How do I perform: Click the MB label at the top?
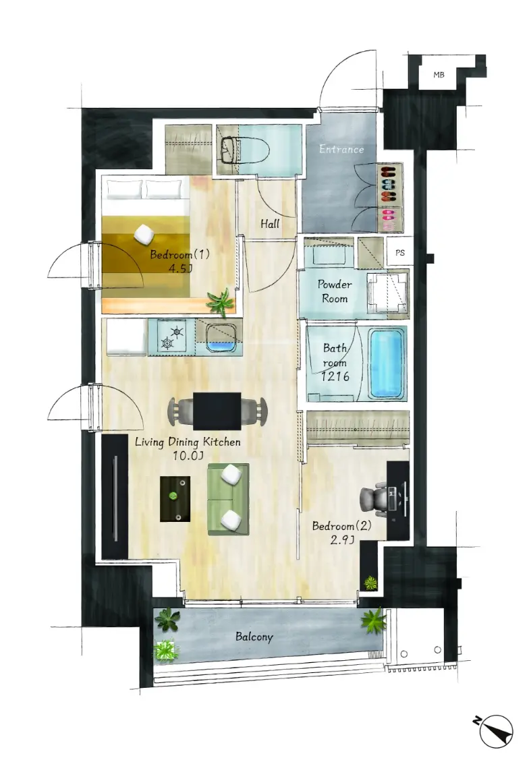[439, 75]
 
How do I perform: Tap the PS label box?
[399, 253]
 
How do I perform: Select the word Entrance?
[341, 149]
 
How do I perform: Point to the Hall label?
[270, 224]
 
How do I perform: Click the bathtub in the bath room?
[387, 363]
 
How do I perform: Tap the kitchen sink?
[221, 339]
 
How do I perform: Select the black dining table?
[217, 411]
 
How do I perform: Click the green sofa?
[228, 499]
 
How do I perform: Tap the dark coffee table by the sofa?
[175, 499]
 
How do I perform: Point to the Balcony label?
[254, 637]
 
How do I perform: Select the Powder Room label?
[335, 291]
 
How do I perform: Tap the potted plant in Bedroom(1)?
[218, 301]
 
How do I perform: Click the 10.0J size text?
[188, 456]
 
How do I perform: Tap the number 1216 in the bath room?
[335, 376]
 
